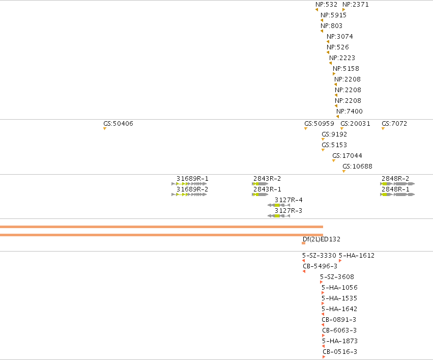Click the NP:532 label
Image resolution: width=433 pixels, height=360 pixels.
point(327,5)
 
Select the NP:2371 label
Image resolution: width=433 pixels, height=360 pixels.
point(355,5)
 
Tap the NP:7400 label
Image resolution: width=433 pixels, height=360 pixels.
point(350,112)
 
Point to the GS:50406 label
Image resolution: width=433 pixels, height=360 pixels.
point(118,124)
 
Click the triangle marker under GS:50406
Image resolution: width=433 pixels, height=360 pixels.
point(105,128)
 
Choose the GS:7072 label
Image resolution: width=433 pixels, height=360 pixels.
point(394,124)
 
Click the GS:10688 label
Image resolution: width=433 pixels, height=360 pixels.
point(357,167)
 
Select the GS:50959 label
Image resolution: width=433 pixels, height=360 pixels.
point(319,124)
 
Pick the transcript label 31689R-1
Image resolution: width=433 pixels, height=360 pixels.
point(192,179)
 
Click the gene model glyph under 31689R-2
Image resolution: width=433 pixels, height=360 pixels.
point(189,195)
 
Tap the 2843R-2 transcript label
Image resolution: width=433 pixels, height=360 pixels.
point(267,179)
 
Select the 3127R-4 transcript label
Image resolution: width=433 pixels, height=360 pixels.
point(288,200)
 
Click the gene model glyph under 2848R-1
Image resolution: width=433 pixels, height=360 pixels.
point(397,195)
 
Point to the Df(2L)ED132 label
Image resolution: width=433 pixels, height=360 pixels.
point(322,239)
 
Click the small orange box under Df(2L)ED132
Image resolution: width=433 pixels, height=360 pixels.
point(303,243)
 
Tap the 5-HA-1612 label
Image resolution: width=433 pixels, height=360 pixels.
point(357,255)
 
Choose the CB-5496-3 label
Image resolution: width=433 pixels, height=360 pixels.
point(320,266)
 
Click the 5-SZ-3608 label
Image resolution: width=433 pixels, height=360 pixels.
point(337,277)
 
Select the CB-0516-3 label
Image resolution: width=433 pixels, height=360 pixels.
point(340,352)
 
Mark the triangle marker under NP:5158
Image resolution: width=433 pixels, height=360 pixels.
point(334,74)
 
